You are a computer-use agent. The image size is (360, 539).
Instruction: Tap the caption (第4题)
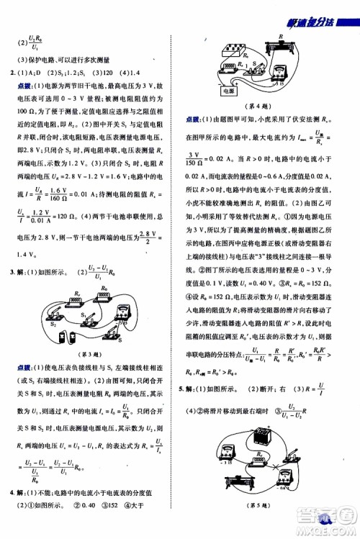click(x=260, y=106)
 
